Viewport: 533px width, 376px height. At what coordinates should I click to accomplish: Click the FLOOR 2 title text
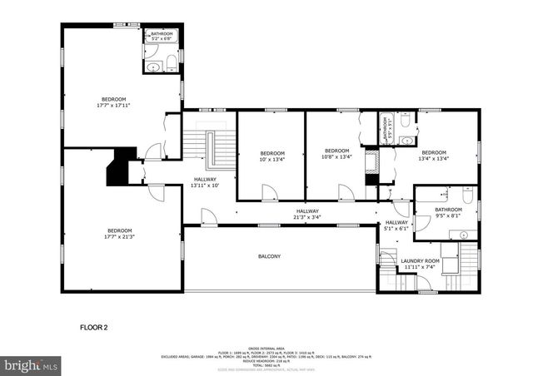[x=93, y=328]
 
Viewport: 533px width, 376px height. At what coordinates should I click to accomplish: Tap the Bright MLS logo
[x=31, y=365]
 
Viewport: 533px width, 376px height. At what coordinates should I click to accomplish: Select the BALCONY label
[x=268, y=256]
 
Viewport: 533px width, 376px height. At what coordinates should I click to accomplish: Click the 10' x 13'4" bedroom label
[x=271, y=156]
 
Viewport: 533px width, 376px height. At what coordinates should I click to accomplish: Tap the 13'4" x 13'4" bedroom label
[x=434, y=156]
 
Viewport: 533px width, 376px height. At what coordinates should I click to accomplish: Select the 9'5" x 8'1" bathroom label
[x=448, y=213]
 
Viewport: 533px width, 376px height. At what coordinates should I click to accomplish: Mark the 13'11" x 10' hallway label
[x=205, y=182]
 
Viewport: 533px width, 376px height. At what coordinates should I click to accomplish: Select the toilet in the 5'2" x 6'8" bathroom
[x=170, y=62]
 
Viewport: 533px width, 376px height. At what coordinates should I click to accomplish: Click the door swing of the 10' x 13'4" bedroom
[x=268, y=193]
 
